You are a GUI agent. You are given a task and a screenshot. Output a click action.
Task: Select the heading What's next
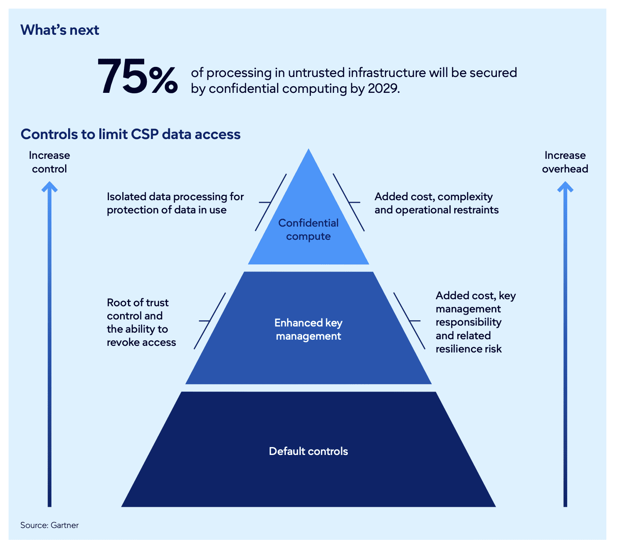pyautogui.click(x=60, y=30)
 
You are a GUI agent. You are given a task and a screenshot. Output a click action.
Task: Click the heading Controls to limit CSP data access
pyautogui.click(x=131, y=134)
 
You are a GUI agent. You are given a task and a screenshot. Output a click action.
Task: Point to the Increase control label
pyautogui.click(x=49, y=162)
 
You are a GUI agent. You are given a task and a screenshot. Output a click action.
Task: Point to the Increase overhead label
pyautogui.click(x=565, y=162)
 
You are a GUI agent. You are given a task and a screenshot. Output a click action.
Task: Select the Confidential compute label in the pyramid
pyautogui.click(x=308, y=230)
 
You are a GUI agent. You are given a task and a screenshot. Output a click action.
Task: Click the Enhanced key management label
pyautogui.click(x=308, y=330)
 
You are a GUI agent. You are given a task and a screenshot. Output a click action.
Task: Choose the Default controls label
pyautogui.click(x=308, y=451)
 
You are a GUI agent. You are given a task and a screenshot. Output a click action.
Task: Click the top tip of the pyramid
pyautogui.click(x=309, y=152)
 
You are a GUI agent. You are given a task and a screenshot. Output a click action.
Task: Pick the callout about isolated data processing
pyautogui.click(x=175, y=203)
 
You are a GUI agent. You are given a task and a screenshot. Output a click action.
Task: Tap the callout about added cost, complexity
pyautogui.click(x=436, y=203)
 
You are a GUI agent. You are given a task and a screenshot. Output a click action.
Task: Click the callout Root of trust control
pyautogui.click(x=141, y=323)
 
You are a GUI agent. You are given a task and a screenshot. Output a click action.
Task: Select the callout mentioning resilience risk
pyautogui.click(x=475, y=322)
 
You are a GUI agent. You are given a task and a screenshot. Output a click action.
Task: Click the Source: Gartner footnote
pyautogui.click(x=49, y=525)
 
